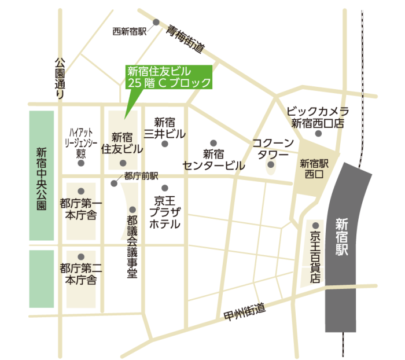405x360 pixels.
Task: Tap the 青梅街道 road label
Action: click(x=186, y=38)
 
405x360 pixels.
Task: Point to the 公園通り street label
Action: click(x=60, y=78)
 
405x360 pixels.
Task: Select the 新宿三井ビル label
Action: click(x=165, y=128)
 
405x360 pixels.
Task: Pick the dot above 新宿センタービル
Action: click(x=213, y=142)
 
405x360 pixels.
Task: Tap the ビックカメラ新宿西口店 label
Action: click(x=318, y=117)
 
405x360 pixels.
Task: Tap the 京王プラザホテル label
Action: click(x=165, y=212)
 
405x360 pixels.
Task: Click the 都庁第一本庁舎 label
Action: click(x=81, y=210)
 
